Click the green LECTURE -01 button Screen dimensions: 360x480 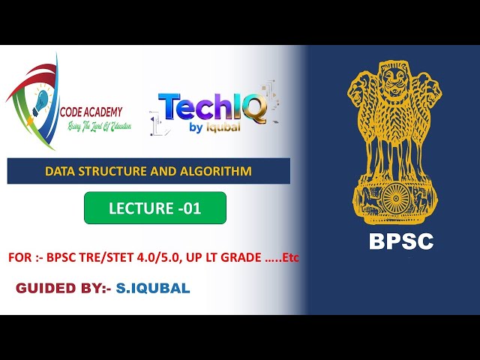[x=154, y=208]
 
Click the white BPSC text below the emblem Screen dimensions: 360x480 [x=400, y=241]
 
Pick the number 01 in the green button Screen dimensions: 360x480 [x=191, y=208]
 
